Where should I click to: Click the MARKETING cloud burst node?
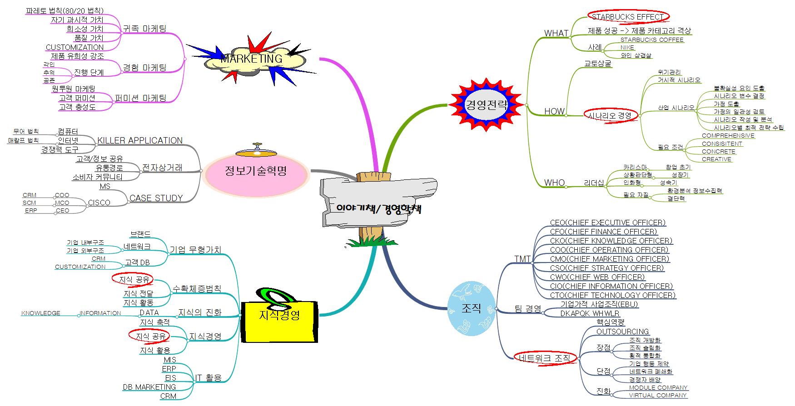[252, 59]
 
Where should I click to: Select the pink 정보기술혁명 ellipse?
[256, 171]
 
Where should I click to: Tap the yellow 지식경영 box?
[279, 316]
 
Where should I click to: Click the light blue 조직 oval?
[471, 308]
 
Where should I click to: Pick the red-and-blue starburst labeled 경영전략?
[486, 105]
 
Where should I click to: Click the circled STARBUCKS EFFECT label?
[627, 17]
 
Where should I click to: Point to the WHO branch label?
[554, 183]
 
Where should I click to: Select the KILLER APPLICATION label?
[140, 140]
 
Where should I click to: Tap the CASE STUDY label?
[156, 198]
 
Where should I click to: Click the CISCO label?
[99, 203]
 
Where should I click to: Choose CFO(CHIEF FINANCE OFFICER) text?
[603, 232]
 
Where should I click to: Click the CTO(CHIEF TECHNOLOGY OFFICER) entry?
[612, 295]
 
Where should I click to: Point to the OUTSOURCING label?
[622, 332]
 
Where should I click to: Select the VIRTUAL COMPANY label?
[657, 395]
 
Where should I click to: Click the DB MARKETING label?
[149, 387]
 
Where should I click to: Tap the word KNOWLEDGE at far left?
[40, 313]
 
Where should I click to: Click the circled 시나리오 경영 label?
[610, 115]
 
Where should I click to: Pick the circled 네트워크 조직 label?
[544, 358]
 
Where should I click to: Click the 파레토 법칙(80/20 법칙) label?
[65, 10]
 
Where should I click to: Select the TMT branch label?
[522, 259]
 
